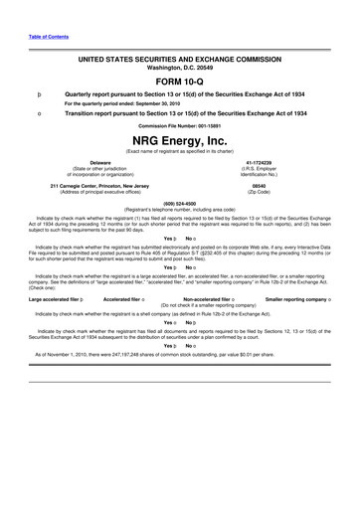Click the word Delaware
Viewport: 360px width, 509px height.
99,161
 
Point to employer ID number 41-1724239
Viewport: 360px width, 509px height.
260,161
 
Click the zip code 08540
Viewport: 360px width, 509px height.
260,184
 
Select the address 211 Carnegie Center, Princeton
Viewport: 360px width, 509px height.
99,184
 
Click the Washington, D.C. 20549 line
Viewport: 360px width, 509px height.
180,68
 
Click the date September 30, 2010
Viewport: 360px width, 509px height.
157,103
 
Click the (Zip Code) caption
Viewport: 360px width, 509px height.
260,191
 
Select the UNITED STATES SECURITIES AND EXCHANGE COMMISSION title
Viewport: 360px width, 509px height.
180,60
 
